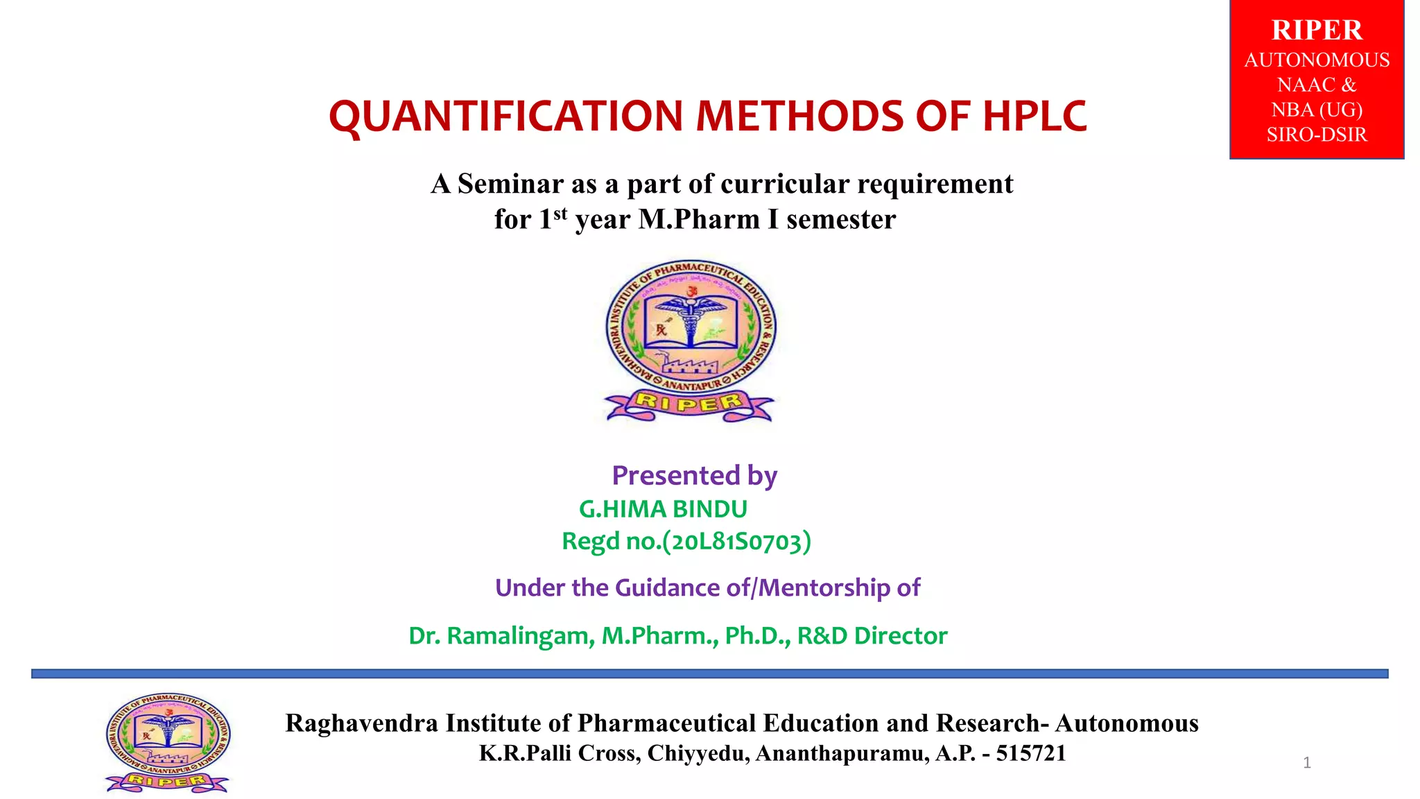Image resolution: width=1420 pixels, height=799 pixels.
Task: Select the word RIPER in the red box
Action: click(1316, 31)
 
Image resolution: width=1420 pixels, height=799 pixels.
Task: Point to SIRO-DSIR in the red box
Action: click(1316, 135)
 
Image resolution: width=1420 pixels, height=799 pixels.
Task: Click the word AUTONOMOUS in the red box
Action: click(1316, 60)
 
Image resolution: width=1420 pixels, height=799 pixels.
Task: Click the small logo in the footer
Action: click(167, 743)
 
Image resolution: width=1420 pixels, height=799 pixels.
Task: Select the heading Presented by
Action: click(694, 476)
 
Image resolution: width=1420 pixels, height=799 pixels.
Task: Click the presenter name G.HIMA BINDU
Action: click(663, 509)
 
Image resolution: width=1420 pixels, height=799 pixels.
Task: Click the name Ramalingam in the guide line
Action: click(520, 635)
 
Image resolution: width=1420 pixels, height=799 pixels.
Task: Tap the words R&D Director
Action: click(872, 635)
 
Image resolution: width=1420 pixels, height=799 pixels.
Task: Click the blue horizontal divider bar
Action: click(709, 673)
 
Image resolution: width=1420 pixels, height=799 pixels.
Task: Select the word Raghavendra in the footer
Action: click(362, 723)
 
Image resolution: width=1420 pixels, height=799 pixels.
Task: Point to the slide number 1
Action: click(1306, 763)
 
